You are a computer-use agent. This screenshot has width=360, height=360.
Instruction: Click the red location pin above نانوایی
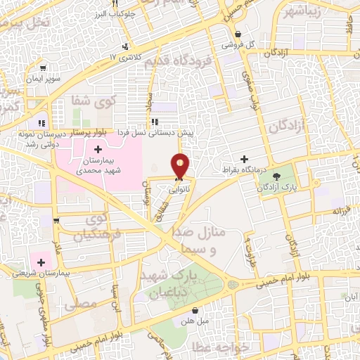(x=181, y=165)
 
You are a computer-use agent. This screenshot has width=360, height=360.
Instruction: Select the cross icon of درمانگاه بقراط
(x=245, y=160)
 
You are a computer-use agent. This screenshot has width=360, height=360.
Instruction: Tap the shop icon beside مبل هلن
(x=195, y=310)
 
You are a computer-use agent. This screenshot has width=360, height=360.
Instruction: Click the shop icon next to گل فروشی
(x=239, y=34)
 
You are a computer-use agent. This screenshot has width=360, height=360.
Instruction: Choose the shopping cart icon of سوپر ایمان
(x=44, y=68)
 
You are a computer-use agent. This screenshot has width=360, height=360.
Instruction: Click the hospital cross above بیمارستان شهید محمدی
(x=98, y=149)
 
